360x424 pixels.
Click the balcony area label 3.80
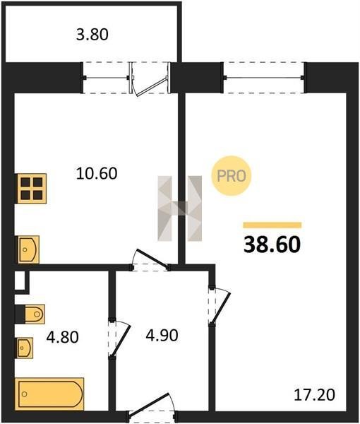(92, 35)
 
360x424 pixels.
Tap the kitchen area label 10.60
(97, 173)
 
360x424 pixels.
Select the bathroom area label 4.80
(62, 337)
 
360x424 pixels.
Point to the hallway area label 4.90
(162, 335)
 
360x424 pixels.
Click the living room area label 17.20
(314, 394)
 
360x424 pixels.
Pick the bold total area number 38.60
(272, 245)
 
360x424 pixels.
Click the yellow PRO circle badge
(232, 176)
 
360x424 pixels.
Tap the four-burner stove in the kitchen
(32, 189)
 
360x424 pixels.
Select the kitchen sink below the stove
(28, 249)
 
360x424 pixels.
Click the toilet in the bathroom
(35, 314)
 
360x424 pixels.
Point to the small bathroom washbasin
(25, 348)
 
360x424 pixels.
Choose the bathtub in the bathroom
(49, 394)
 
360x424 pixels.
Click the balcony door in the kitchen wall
(150, 78)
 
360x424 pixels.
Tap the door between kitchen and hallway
(150, 260)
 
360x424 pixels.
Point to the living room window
(263, 78)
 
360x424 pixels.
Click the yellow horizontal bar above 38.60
(272, 225)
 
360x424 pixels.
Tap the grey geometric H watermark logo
(180, 208)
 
